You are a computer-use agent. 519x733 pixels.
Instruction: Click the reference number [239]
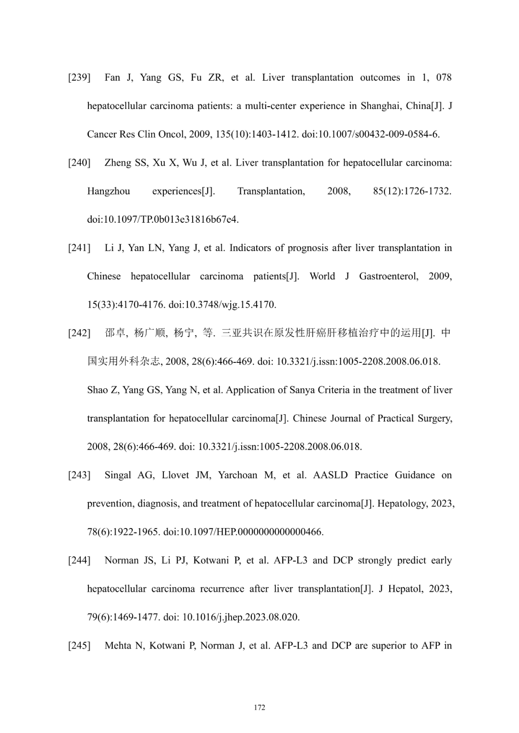coord(79,78)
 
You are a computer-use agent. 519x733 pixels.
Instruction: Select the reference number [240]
coord(79,163)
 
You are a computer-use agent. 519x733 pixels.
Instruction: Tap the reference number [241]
coord(79,248)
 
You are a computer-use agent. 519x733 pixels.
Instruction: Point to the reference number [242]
coord(79,333)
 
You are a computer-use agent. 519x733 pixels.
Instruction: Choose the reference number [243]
coord(79,475)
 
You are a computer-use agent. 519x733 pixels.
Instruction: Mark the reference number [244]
coord(79,561)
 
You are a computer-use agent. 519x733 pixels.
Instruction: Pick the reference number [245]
coord(79,646)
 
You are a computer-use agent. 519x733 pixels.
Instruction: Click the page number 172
coord(259,708)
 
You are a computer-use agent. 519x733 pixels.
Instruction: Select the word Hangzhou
coord(109,192)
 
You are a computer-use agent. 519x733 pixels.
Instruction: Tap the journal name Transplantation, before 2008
coord(271,192)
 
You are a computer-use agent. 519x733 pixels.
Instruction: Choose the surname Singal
coord(118,475)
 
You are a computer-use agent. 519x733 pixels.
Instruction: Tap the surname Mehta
coord(118,646)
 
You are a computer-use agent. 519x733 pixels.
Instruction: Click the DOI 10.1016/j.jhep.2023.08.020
coord(241,617)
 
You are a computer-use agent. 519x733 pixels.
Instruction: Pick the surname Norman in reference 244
coord(122,561)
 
